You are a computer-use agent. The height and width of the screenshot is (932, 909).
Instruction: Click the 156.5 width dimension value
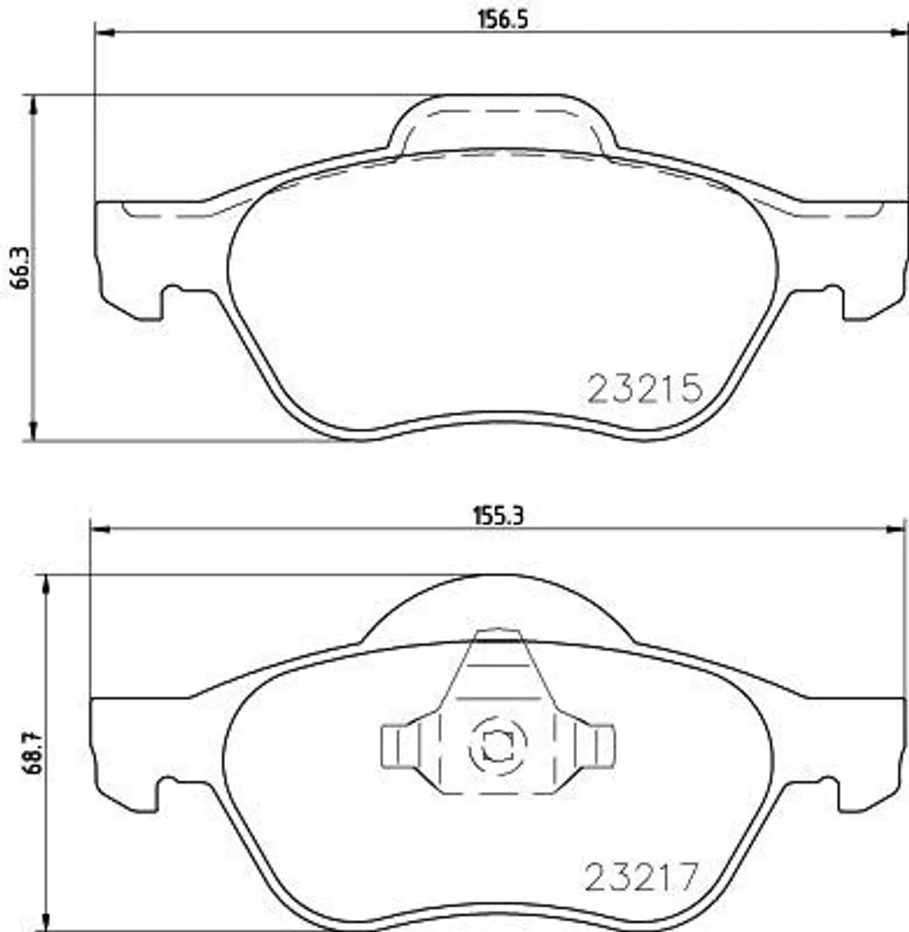click(503, 19)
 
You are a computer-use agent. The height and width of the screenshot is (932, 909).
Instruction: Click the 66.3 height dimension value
click(22, 268)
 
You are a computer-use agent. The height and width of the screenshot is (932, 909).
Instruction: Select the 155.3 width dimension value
click(498, 515)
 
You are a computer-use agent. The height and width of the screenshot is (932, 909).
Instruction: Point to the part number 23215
click(645, 389)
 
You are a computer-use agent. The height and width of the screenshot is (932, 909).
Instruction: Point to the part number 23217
click(640, 877)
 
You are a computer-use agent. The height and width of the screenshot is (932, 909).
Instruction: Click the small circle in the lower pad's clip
click(498, 745)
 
